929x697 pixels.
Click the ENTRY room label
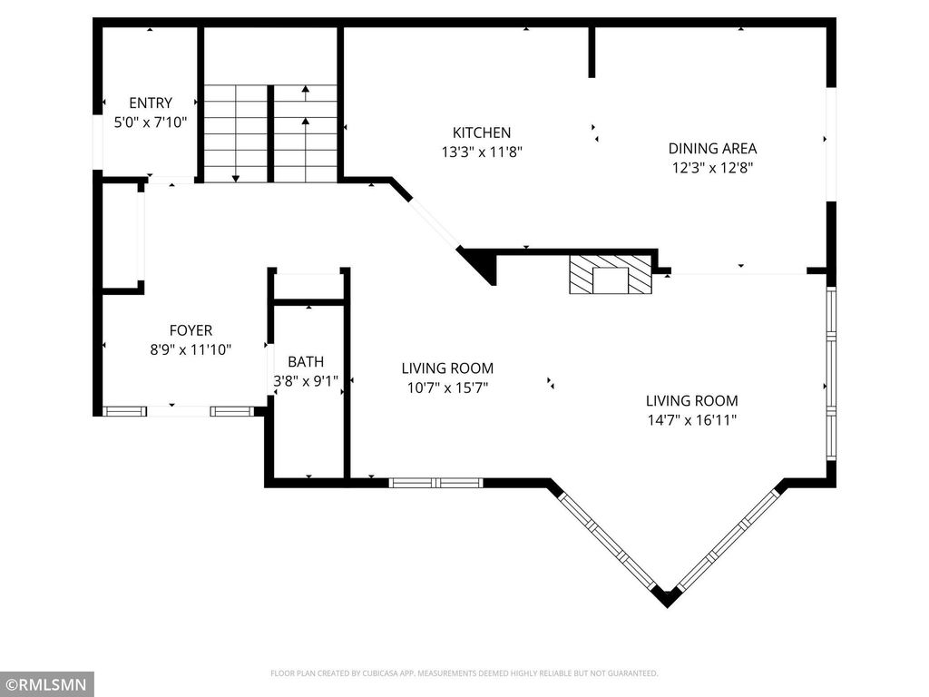pyautogui.click(x=150, y=103)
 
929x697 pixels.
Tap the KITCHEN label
pyautogui.click(x=482, y=133)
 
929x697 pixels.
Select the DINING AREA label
pyautogui.click(x=712, y=148)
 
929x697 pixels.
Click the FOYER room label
pyautogui.click(x=191, y=330)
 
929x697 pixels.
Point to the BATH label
pyautogui.click(x=306, y=361)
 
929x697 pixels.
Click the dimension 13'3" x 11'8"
pyautogui.click(x=482, y=152)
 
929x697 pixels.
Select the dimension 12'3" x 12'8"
pyautogui.click(x=712, y=167)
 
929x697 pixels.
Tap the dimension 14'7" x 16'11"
pyautogui.click(x=691, y=419)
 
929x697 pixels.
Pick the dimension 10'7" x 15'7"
pyautogui.click(x=447, y=388)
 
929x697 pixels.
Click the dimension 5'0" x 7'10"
pyautogui.click(x=150, y=122)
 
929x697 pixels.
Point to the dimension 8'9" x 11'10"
pyautogui.click(x=191, y=349)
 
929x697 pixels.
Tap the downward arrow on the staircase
pyautogui.click(x=236, y=177)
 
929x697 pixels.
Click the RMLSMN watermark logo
pyautogui.click(x=47, y=683)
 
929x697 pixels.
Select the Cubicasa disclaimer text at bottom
pyautogui.click(x=464, y=673)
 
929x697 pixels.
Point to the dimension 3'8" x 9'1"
pyautogui.click(x=306, y=381)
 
